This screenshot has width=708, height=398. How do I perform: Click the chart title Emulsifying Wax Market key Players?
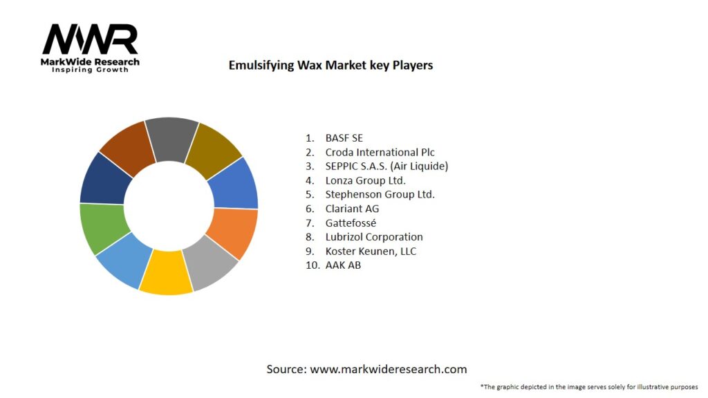[330, 65]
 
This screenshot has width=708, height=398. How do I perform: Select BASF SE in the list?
[344, 138]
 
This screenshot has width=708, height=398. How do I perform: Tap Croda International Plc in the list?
[380, 152]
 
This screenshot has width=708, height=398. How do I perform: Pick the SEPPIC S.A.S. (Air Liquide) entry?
[387, 166]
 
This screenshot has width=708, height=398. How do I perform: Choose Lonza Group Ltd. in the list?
[365, 180]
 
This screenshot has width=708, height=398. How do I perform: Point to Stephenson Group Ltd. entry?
[380, 194]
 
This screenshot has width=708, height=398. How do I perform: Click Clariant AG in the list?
[352, 209]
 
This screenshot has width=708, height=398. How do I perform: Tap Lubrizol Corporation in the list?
[374, 237]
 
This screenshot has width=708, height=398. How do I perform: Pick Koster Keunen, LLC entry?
[371, 251]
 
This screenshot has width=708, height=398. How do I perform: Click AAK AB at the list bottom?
[343, 265]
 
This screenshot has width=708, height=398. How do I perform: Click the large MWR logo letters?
[90, 40]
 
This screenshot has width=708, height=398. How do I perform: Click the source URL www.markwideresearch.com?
[388, 369]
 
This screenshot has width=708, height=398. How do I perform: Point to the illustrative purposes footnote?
[589, 386]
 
